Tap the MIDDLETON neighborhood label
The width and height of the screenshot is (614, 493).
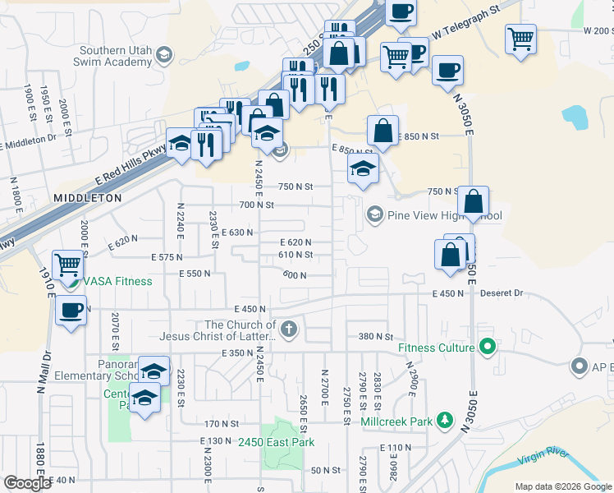[x=88, y=198]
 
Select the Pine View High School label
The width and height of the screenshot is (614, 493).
[x=443, y=215]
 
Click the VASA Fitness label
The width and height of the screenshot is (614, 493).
[x=116, y=281]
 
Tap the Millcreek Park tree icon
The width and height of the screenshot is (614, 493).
[x=445, y=422]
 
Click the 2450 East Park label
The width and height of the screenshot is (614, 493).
[x=277, y=443]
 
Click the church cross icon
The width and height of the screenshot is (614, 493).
[x=287, y=330]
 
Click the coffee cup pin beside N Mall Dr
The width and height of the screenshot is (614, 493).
[x=71, y=311]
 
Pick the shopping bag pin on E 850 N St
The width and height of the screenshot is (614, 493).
[x=383, y=131]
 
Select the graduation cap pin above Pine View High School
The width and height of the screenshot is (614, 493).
[x=363, y=170]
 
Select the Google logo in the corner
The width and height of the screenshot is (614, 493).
[x=27, y=483]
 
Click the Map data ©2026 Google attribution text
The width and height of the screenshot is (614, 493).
[x=563, y=486]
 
